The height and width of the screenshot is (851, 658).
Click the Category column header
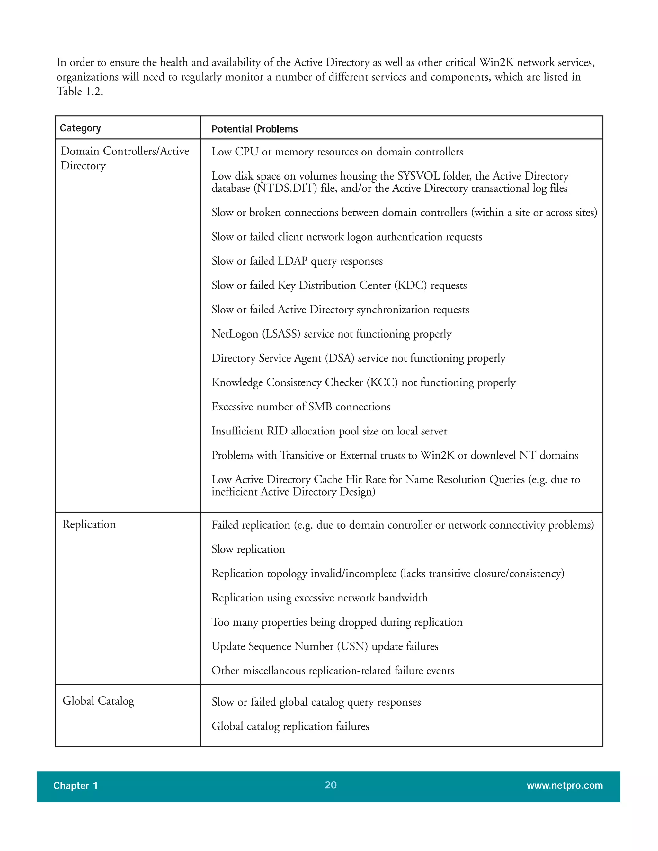[80, 128]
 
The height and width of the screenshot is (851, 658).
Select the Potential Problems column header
[254, 129]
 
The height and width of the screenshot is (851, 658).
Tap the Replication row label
[89, 524]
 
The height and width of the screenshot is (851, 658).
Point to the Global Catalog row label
[98, 701]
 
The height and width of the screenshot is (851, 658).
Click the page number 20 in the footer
[331, 785]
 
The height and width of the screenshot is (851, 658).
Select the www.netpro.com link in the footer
[565, 785]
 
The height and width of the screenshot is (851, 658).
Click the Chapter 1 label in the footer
[76, 785]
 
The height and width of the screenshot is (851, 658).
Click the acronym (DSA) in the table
[340, 358]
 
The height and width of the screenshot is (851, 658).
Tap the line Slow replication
[248, 549]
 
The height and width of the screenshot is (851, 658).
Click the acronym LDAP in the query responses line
[293, 261]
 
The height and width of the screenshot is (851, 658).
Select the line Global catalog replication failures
[290, 726]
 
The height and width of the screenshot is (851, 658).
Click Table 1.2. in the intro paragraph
[80, 91]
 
